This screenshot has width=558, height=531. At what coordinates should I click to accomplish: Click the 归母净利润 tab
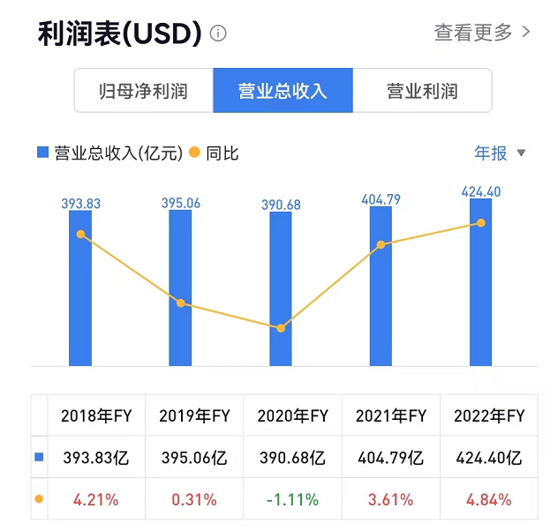143,91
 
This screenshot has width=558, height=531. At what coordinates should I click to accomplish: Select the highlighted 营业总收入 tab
283,91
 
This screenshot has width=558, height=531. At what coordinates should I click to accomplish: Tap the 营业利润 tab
422,91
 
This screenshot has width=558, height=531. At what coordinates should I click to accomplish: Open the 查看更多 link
482,33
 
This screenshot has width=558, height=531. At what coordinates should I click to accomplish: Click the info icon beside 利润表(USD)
218,34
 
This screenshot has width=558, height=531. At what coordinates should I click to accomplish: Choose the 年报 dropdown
500,153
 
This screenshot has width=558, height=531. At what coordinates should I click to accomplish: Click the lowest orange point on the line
281,328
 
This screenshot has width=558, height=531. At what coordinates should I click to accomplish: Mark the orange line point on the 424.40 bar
480,223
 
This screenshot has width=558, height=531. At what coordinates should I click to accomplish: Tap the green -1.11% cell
291,499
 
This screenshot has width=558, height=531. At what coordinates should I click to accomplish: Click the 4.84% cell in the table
488,499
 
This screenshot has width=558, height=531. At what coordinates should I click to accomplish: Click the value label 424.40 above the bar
480,191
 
